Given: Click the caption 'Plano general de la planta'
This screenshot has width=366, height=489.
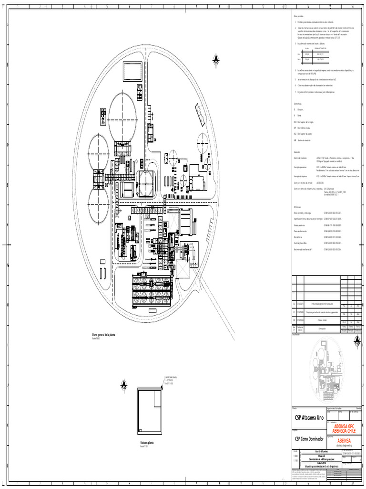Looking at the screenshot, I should click(103, 335).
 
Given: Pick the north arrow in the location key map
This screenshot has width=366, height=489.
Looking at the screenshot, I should click(357, 340).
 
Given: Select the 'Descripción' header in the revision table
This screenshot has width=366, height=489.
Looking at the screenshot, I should click(318, 329).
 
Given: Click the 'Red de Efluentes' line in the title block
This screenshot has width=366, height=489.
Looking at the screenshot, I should click(311, 451).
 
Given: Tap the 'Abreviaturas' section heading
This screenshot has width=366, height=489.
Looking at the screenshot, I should click(298, 103).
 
